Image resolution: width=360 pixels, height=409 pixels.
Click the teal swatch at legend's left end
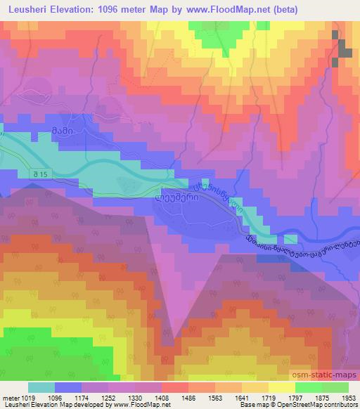pos(41,387)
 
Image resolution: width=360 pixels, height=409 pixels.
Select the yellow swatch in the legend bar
pos(281,387)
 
